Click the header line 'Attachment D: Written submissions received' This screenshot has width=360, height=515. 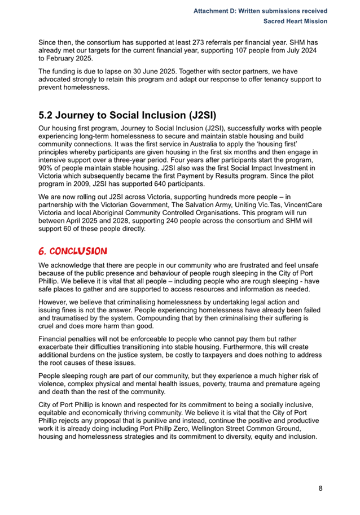point(260,11)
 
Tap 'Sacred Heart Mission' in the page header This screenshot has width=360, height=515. point(296,21)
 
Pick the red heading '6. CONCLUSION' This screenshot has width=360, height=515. point(72,250)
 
